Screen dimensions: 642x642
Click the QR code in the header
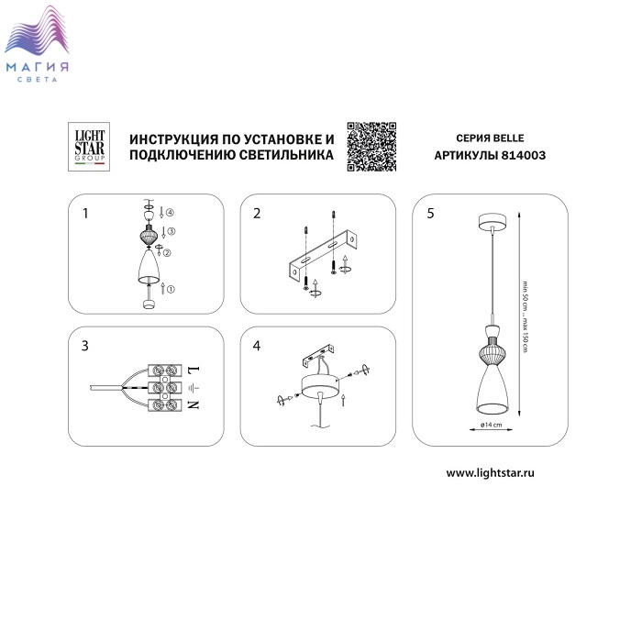pos(371,147)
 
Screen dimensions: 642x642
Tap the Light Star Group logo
pos(89,147)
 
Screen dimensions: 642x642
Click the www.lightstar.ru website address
pos(490,473)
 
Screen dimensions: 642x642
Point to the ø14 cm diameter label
pos(491,425)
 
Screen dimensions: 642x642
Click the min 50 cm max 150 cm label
pos(525,316)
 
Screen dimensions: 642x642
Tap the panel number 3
pos(84,346)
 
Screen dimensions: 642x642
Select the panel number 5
pos(430,214)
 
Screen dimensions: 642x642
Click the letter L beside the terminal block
pos(194,370)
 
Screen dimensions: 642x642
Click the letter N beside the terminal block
pos(194,405)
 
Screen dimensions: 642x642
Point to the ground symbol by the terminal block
pos(194,387)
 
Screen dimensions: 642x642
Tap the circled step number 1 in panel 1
pos(171,289)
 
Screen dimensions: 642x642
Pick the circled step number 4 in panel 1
pos(170,212)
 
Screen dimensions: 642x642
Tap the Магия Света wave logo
pos(37,44)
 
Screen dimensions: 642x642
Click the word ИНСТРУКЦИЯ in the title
pos(173,139)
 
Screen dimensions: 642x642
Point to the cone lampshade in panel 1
pos(149,267)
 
